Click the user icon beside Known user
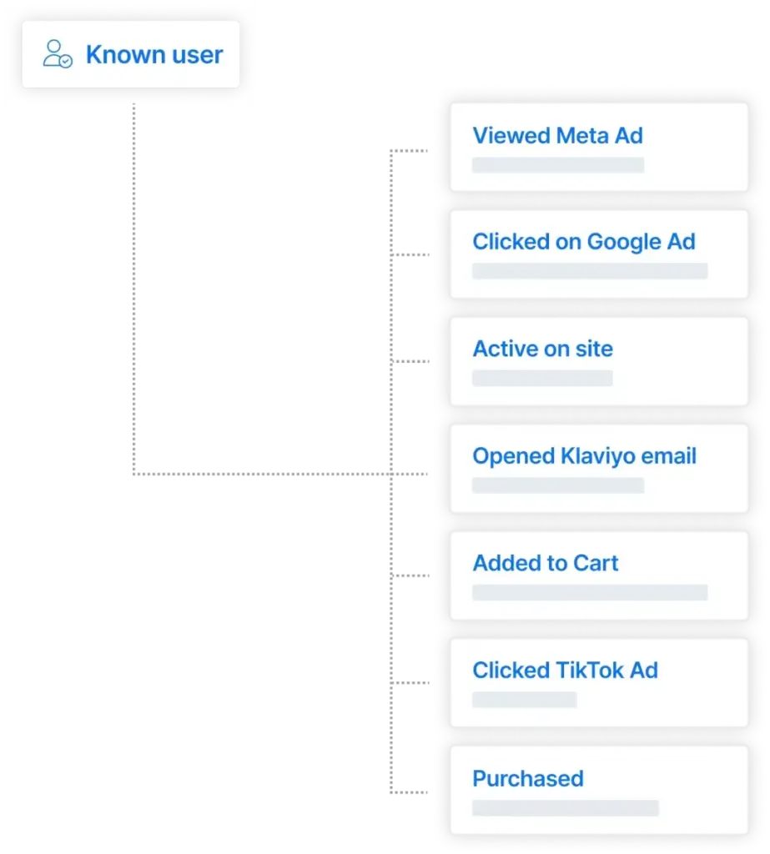(58, 54)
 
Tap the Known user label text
(154, 54)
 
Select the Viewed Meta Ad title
(557, 136)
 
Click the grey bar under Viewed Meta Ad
(558, 165)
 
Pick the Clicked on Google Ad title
(584, 242)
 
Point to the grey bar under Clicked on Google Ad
(590, 271)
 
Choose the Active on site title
(543, 349)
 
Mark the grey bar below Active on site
(542, 378)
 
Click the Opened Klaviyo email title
(584, 456)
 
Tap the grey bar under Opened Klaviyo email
(558, 485)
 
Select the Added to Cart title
(546, 563)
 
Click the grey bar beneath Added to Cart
(590, 593)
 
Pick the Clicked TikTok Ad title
(565, 671)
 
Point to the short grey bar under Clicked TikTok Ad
(524, 700)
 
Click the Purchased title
(528, 779)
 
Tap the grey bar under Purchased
(565, 807)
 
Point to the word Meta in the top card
(582, 136)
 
